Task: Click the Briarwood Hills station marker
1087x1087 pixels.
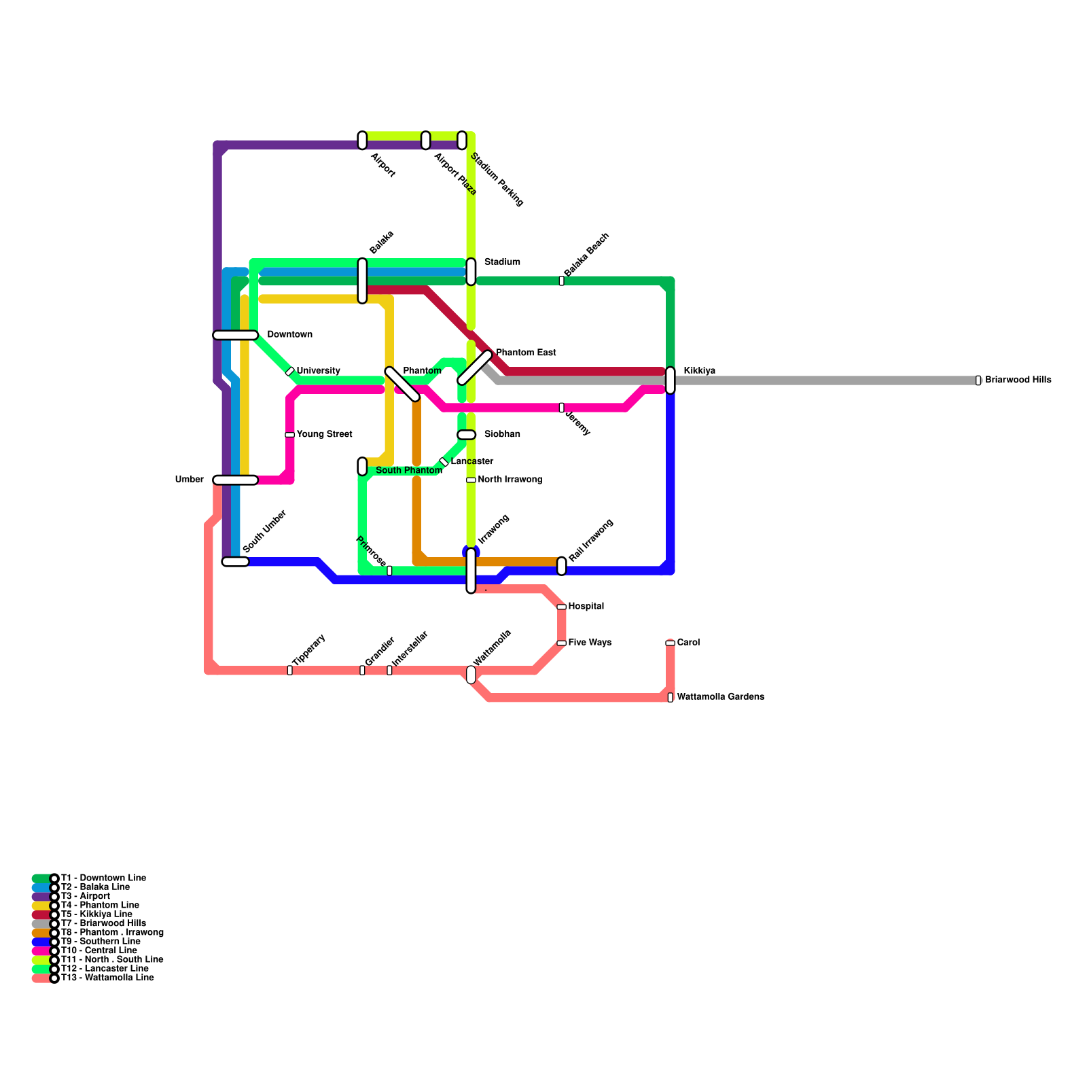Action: [x=978, y=380]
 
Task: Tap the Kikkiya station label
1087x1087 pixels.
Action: [x=699, y=371]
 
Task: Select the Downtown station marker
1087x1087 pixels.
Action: [x=235, y=335]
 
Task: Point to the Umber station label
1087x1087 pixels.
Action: [x=189, y=480]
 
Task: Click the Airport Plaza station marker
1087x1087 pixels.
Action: [x=425, y=141]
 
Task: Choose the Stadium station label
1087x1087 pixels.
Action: [x=502, y=262]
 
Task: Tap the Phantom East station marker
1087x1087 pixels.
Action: [x=474, y=368]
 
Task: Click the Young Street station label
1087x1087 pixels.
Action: [x=324, y=434]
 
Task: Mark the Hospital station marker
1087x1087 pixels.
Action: [x=561, y=607]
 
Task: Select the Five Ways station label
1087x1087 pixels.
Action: [x=590, y=643]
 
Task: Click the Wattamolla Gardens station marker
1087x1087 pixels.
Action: [x=670, y=697]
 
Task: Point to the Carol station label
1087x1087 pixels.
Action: [x=688, y=643]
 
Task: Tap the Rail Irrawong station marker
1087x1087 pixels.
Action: [x=561, y=566]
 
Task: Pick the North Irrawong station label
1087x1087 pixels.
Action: [x=510, y=480]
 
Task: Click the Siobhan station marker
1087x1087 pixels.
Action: [x=466, y=435]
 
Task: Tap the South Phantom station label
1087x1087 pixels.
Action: [x=408, y=471]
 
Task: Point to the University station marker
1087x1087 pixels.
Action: [x=290, y=372]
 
